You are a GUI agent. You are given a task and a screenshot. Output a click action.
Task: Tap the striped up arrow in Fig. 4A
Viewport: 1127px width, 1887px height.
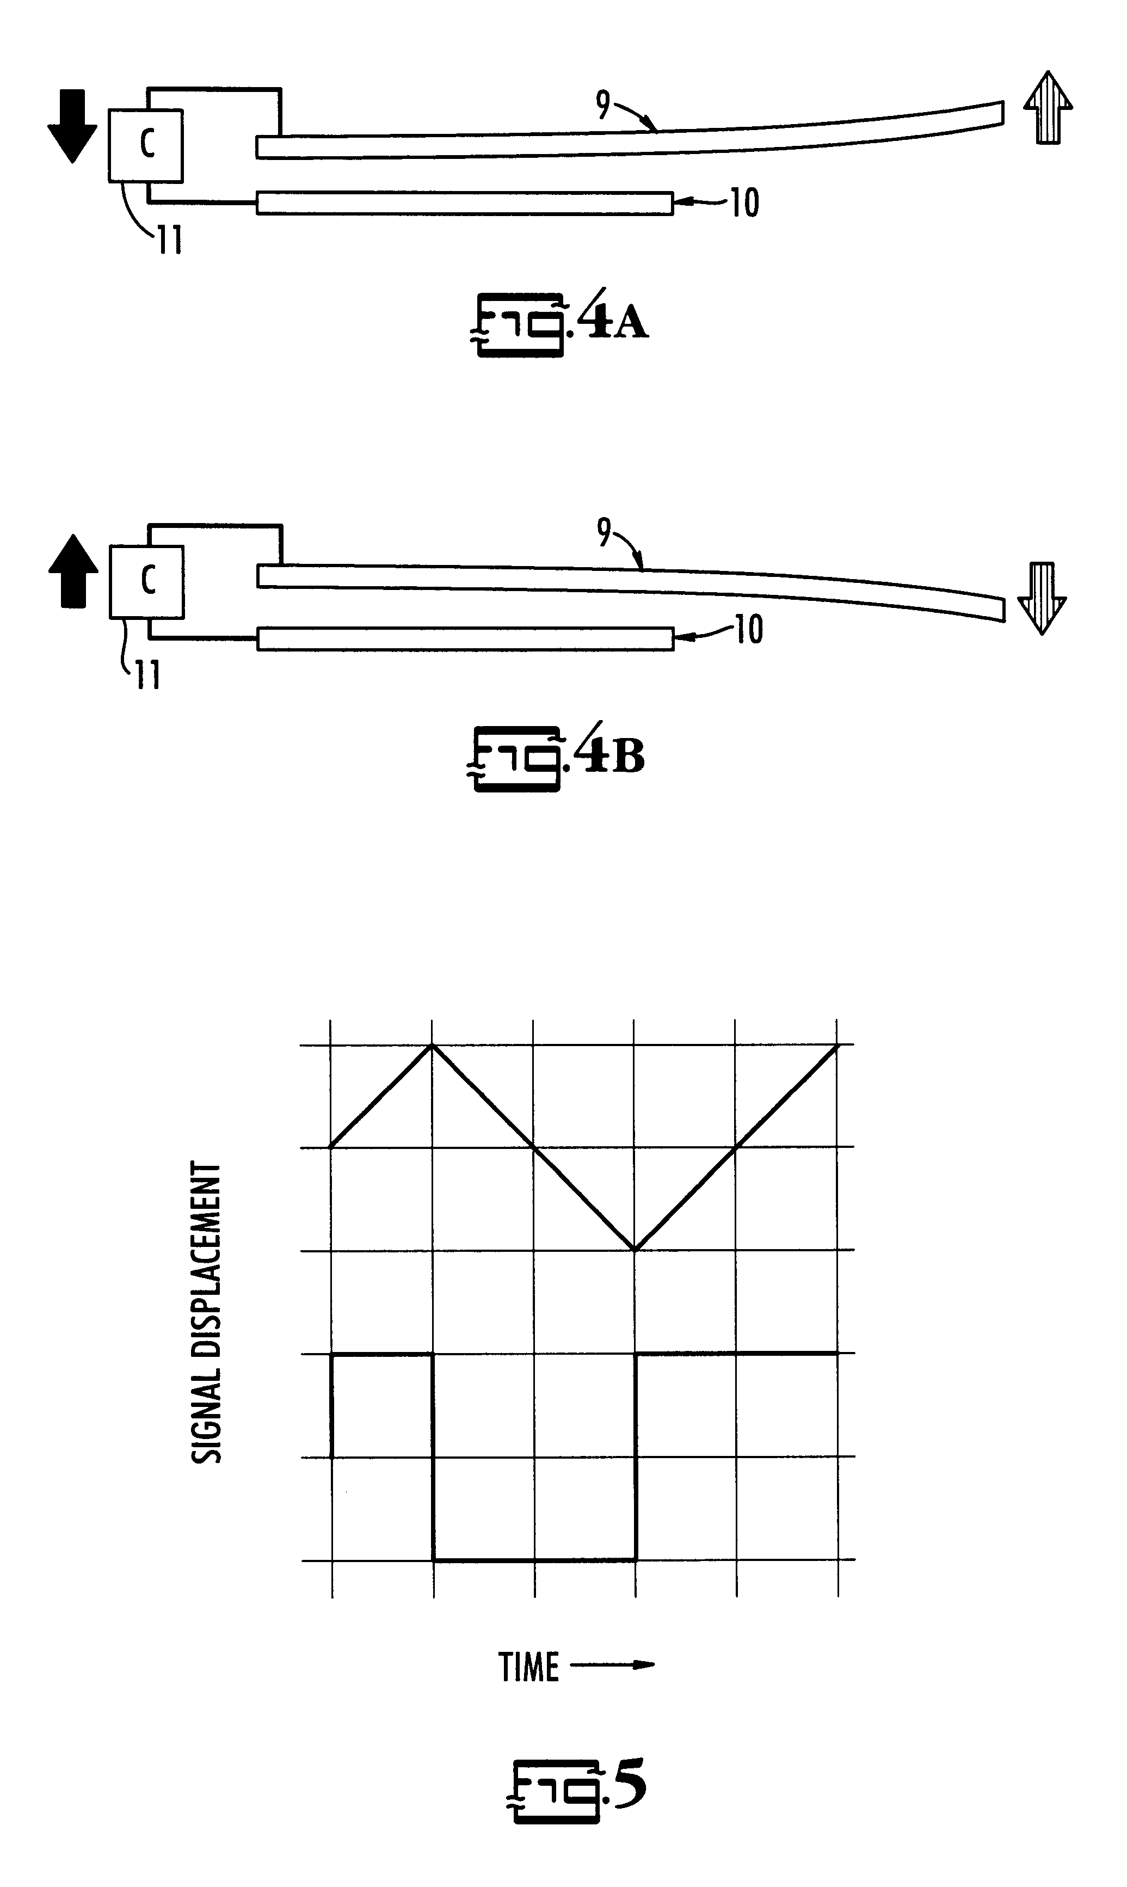[1048, 108]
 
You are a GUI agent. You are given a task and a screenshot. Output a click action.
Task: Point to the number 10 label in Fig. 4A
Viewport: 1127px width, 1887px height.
[744, 203]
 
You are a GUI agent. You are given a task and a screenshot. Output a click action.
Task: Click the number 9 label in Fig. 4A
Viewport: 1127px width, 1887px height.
[603, 105]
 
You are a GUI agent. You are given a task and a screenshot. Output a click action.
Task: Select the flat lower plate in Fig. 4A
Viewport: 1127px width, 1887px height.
[465, 204]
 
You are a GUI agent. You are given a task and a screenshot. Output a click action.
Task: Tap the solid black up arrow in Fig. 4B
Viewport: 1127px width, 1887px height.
[73, 571]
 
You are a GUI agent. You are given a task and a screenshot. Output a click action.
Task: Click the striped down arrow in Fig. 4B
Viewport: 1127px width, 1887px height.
[1042, 598]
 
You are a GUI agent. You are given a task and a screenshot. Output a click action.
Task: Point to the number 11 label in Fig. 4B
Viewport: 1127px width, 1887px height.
[148, 674]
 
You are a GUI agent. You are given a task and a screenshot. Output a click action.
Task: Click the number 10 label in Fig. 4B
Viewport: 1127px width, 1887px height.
[748, 630]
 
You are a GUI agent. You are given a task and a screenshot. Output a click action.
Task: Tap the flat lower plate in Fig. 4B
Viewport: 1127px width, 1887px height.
[465, 638]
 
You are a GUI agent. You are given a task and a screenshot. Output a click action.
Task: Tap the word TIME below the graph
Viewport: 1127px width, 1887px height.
[529, 1668]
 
